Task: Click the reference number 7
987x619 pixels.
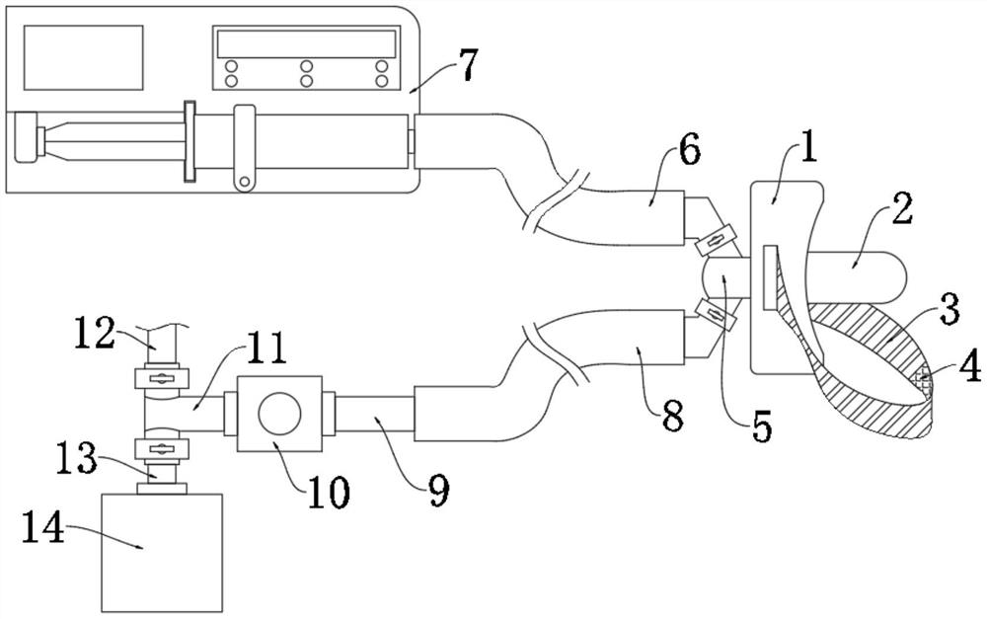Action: [x=468, y=65]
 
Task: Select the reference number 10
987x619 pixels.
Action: [x=328, y=492]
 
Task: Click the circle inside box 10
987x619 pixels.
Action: [x=280, y=413]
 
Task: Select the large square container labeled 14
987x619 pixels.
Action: [x=162, y=552]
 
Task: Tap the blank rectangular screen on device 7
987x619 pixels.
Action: [x=83, y=57]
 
